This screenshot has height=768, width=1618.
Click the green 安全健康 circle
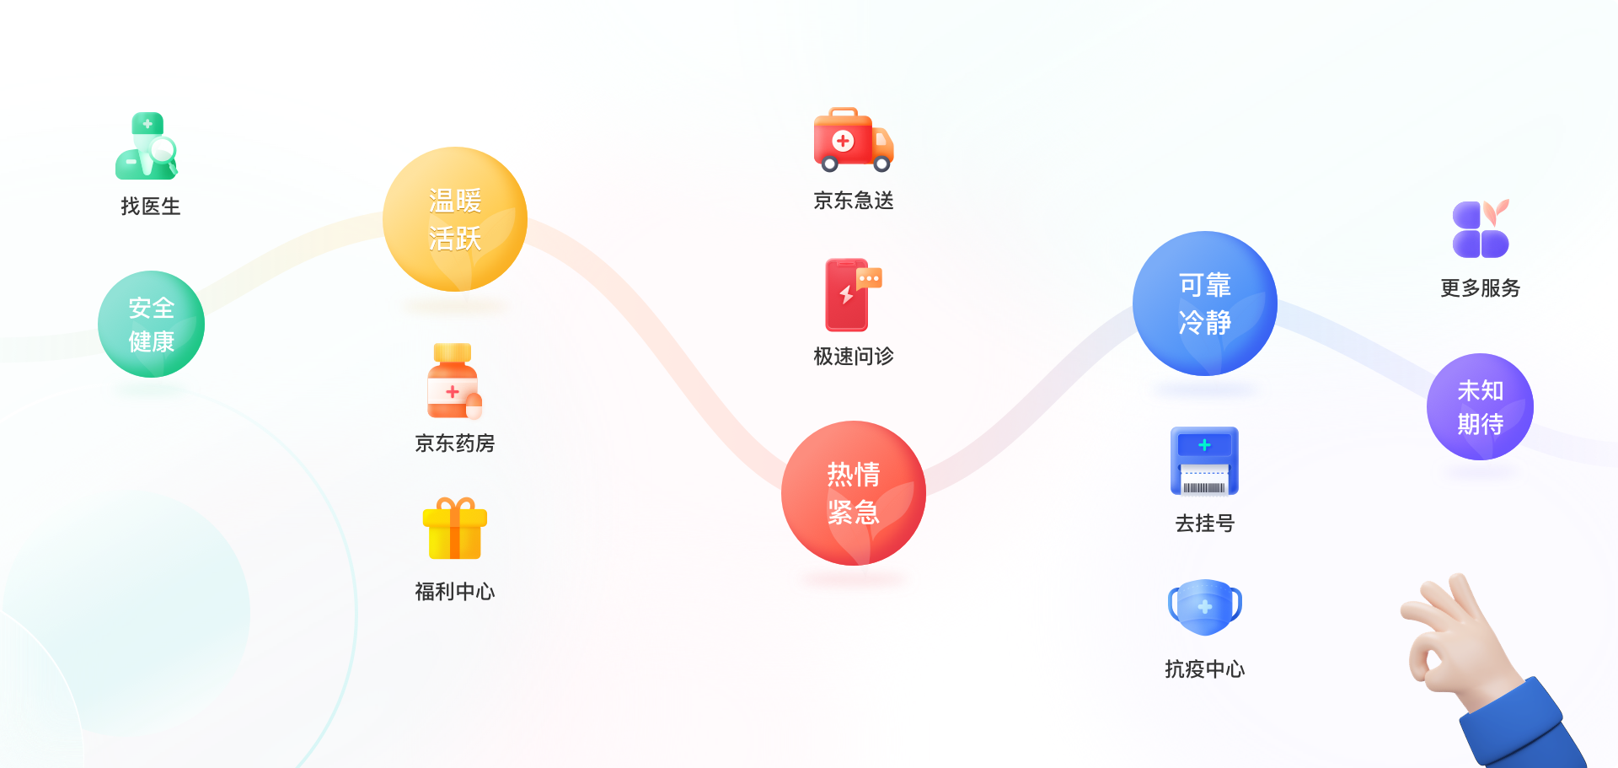click(x=152, y=325)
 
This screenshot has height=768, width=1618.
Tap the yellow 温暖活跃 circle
click(x=455, y=220)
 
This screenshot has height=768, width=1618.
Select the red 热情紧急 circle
click(x=854, y=493)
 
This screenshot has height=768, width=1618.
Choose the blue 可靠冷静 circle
click(x=1205, y=303)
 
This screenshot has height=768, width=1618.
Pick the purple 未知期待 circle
click(x=1480, y=407)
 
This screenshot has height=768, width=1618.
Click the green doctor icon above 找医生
click(x=147, y=147)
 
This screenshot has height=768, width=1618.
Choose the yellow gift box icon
click(x=455, y=529)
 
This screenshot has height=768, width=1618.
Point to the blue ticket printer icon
click(x=1204, y=461)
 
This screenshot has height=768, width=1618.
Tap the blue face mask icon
click(x=1205, y=606)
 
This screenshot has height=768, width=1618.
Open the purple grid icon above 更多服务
click(x=1481, y=229)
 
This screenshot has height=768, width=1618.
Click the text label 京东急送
click(x=854, y=201)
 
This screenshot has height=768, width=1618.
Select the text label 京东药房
click(x=455, y=443)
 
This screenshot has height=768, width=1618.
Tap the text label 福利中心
click(x=455, y=592)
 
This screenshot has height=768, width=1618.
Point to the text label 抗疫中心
click(x=1205, y=669)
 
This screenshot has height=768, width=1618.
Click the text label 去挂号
click(x=1205, y=524)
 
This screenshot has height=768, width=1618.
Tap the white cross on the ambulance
click(x=843, y=141)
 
